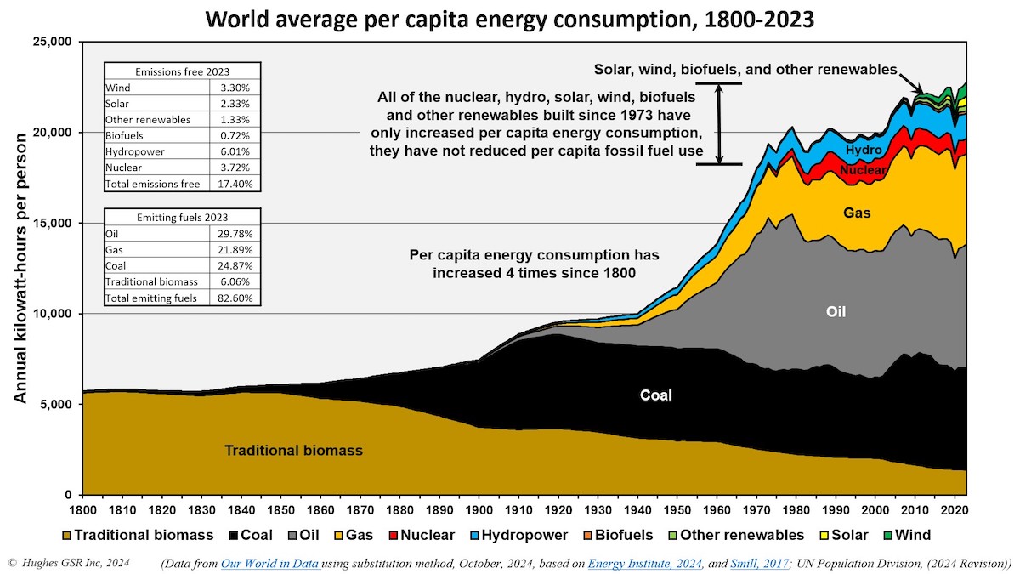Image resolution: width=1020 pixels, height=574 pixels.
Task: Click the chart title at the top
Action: [x=509, y=19]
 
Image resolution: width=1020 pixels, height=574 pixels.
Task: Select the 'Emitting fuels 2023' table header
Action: [x=182, y=217]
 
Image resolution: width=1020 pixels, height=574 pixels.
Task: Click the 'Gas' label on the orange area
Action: [x=857, y=213]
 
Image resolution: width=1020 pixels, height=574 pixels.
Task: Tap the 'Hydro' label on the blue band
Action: [x=863, y=150]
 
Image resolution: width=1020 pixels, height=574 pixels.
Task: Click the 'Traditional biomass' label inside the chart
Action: [x=293, y=451]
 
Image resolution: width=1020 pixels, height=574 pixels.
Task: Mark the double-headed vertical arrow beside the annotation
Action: [x=719, y=123]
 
